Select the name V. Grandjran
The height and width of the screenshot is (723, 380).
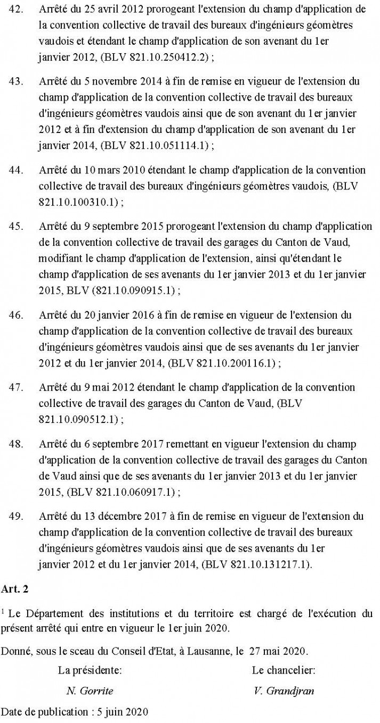coord(283,691)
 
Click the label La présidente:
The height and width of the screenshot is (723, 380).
coord(90,670)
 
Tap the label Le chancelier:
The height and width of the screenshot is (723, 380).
coord(283,670)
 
